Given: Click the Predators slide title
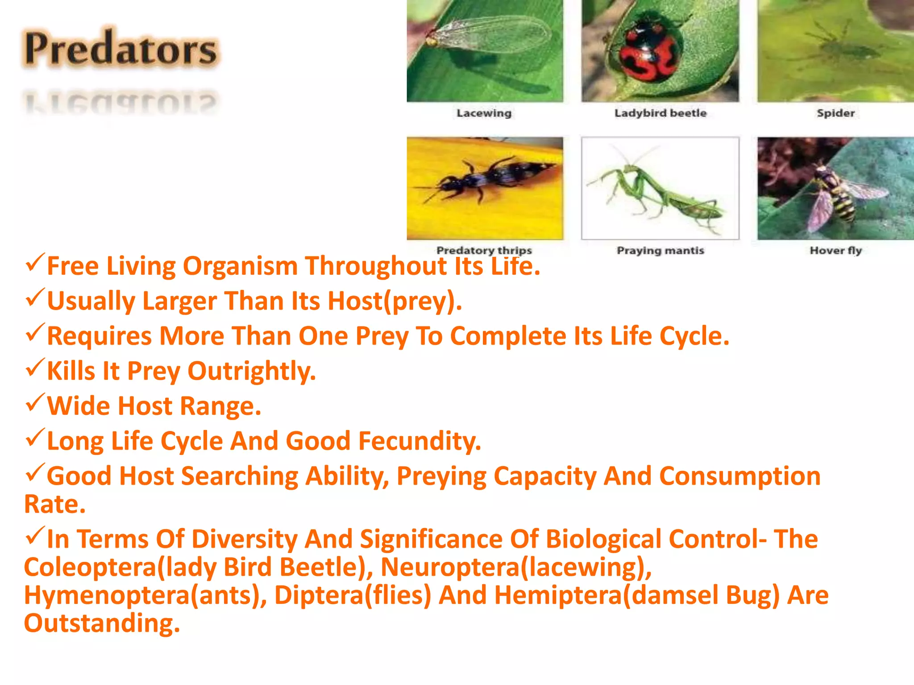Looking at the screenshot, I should coord(120,49).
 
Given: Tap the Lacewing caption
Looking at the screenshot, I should coord(484,113).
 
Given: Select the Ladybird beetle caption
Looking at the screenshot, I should coord(660,113).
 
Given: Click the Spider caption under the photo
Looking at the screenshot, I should coord(835,113).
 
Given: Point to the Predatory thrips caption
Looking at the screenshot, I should coord(484,250).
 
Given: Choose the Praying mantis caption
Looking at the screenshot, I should coord(660,251).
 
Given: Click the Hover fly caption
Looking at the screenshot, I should coord(835,251).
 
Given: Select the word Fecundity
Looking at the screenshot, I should coord(420,441).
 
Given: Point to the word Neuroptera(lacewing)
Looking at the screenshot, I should coord(515,567).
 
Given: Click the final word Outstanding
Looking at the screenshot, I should coord(102,623).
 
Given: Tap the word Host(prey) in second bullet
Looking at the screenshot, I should coord(395,301).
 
